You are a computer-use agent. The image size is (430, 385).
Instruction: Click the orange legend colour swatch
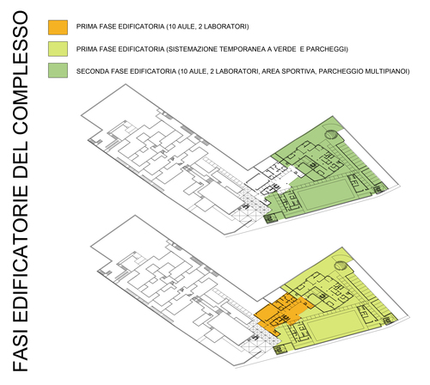coord(58,27)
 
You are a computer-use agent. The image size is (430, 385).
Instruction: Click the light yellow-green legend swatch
coord(58,49)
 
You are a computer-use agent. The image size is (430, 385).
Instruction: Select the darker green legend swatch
coord(58,70)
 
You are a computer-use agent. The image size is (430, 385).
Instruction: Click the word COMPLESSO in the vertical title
coord(20,72)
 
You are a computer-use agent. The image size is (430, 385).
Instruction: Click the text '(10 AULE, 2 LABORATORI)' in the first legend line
coord(207,27)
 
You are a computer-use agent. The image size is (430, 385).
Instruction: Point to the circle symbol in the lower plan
coord(341,266)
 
